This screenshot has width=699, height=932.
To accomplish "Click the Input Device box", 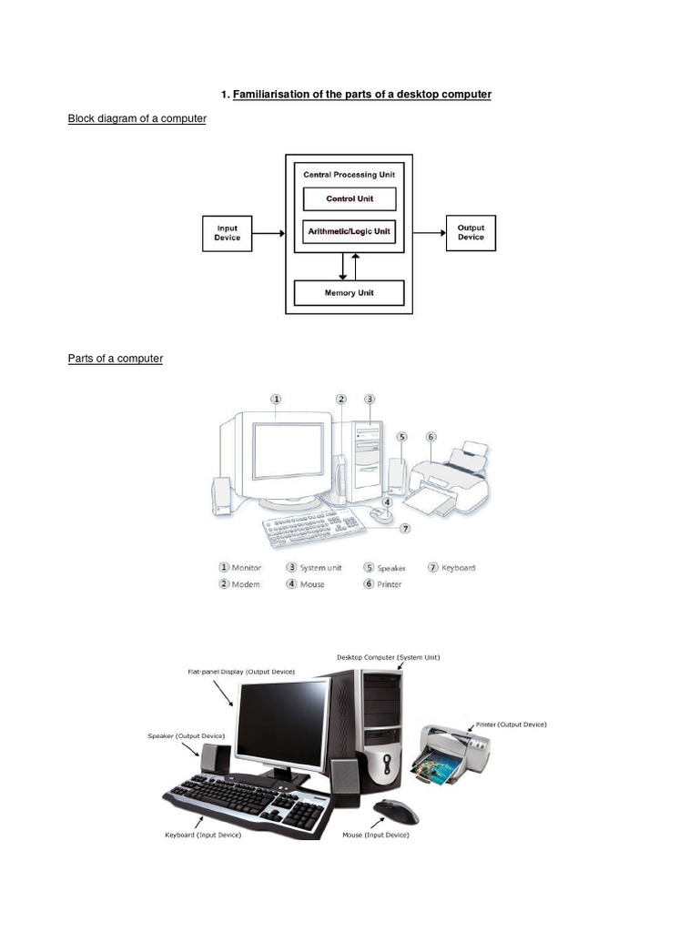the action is (227, 233).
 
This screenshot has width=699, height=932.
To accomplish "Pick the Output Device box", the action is (471, 233).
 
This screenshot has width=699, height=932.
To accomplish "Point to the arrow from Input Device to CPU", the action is (268, 233).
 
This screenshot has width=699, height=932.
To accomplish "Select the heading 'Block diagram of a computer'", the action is (137, 119).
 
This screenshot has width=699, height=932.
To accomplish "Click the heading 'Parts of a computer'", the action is (115, 359).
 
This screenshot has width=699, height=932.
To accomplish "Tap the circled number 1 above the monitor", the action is (276, 399).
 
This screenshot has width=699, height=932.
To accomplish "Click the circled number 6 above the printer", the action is (431, 437).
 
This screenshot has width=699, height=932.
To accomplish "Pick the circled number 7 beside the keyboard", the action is (405, 528).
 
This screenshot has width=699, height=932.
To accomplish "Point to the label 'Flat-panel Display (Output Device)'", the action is (241, 672).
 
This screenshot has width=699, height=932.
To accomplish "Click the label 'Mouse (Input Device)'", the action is (375, 835).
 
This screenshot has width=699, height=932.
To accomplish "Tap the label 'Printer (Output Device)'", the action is (511, 724).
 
